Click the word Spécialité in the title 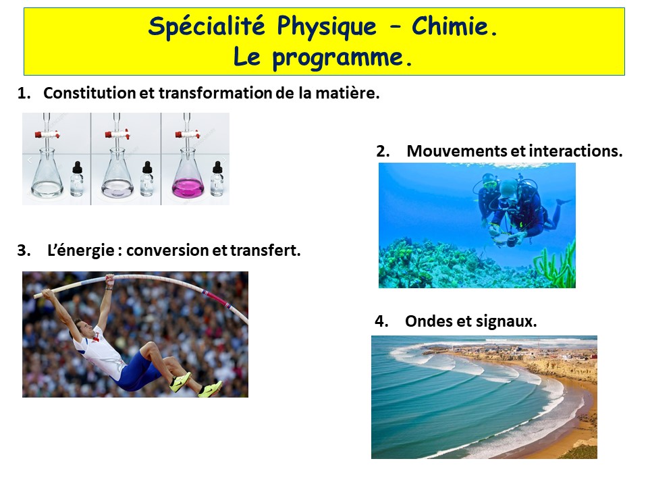coord(207,27)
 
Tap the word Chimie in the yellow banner coord(454,26)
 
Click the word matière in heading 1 coord(347,93)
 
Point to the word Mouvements coord(457,151)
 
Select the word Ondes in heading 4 coord(428,321)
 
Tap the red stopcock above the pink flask coord(187,134)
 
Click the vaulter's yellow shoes coord(194,384)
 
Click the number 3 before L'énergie coord(23,250)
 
